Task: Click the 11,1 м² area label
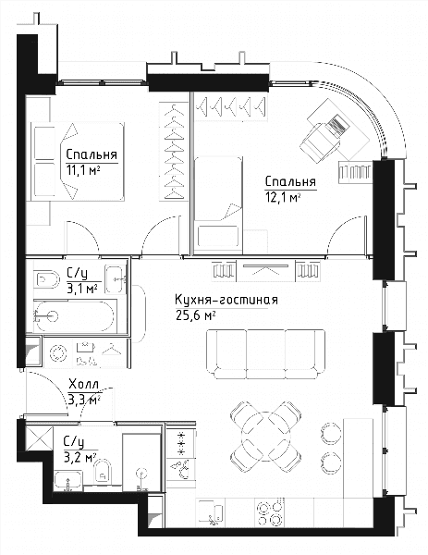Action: click(x=83, y=171)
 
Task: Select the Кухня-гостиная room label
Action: click(x=226, y=300)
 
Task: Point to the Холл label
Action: click(x=83, y=384)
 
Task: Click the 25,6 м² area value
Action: click(x=195, y=315)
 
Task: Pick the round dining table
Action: click(x=265, y=437)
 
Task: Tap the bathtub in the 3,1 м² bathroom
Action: click(x=75, y=316)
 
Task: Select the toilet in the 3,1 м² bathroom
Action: click(x=47, y=279)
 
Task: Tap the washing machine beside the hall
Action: click(x=58, y=353)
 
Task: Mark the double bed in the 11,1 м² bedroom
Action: click(x=78, y=162)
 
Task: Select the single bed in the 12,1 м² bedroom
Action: click(x=218, y=205)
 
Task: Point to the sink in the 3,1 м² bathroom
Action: click(x=116, y=279)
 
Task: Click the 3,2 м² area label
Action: click(x=79, y=458)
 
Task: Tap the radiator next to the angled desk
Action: click(x=356, y=172)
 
